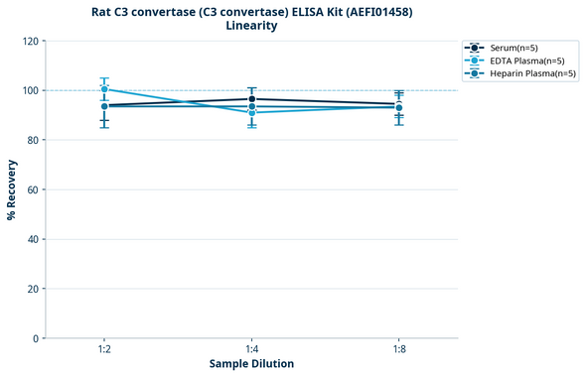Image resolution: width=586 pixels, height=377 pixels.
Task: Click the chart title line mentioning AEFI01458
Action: click(x=251, y=11)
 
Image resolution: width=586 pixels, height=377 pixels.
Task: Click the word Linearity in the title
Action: click(x=251, y=26)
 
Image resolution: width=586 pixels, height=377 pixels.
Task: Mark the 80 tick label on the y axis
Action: click(x=32, y=140)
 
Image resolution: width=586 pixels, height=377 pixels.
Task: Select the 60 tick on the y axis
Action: click(x=32, y=189)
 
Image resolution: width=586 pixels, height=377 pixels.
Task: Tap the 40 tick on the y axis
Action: click(x=32, y=239)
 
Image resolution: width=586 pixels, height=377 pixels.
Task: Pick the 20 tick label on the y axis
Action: click(x=32, y=289)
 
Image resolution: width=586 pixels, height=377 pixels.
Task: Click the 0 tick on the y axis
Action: click(x=35, y=338)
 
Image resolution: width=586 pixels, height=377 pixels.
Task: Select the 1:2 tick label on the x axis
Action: click(x=104, y=349)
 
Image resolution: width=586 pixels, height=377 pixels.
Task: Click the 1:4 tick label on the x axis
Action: click(x=251, y=349)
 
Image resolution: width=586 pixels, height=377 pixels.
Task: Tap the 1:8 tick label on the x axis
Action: click(x=398, y=349)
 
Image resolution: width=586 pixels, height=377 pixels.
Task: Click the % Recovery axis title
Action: click(x=12, y=188)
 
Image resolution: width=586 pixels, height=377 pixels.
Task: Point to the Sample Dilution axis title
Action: click(x=251, y=364)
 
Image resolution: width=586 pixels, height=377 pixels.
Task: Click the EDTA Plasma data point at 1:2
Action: click(x=104, y=89)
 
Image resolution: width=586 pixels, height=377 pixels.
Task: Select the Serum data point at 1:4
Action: click(x=251, y=99)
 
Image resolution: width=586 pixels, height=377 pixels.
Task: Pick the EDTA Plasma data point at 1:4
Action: click(x=251, y=113)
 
